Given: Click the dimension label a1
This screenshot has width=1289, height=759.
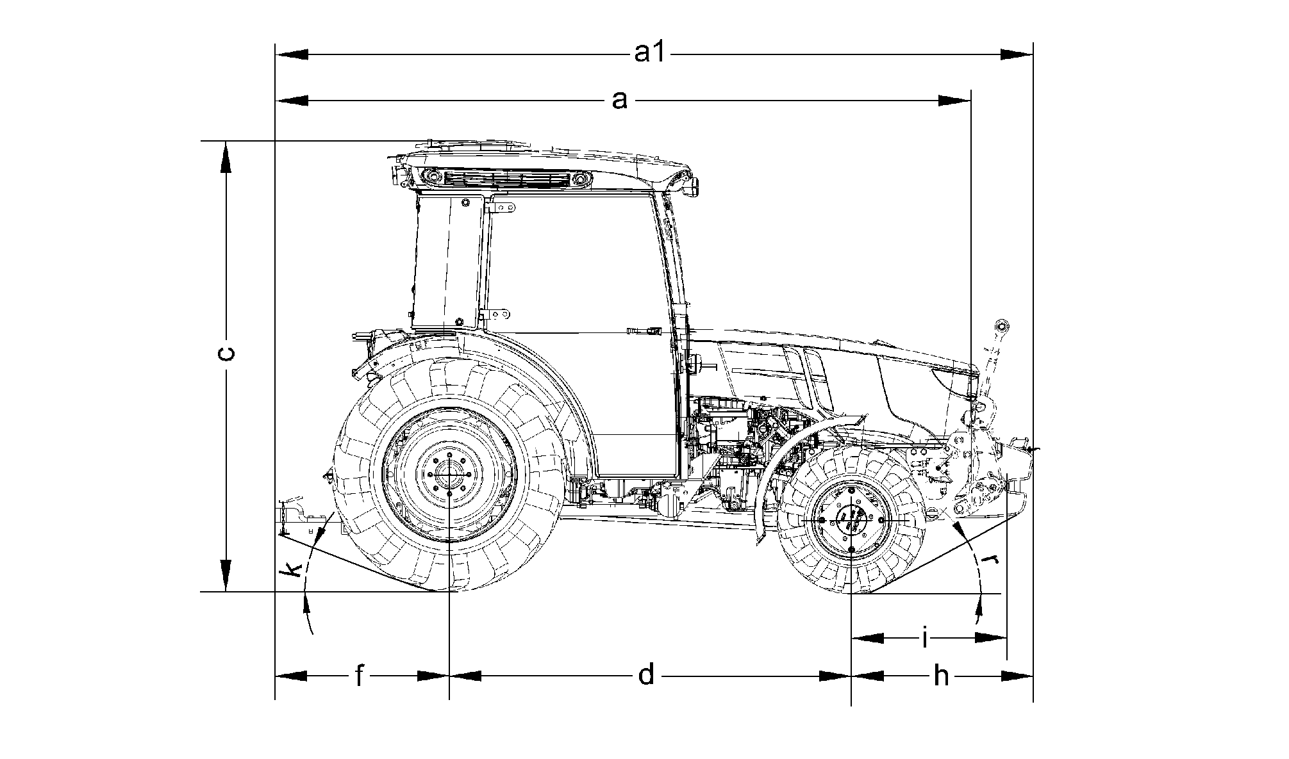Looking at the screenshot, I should point(650,54).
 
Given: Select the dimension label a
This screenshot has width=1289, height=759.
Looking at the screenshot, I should point(619,100).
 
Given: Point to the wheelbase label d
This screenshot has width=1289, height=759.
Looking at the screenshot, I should point(647,675).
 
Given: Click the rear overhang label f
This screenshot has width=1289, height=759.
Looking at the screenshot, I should point(360,675).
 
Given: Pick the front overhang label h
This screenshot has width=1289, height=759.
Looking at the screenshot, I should point(940,675).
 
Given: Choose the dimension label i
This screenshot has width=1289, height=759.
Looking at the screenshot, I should point(925,638).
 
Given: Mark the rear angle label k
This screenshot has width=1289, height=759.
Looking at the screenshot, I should point(294,569).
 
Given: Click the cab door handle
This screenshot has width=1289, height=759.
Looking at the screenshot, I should point(644,331).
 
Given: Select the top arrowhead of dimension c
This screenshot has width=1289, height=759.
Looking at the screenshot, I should point(226,156).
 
